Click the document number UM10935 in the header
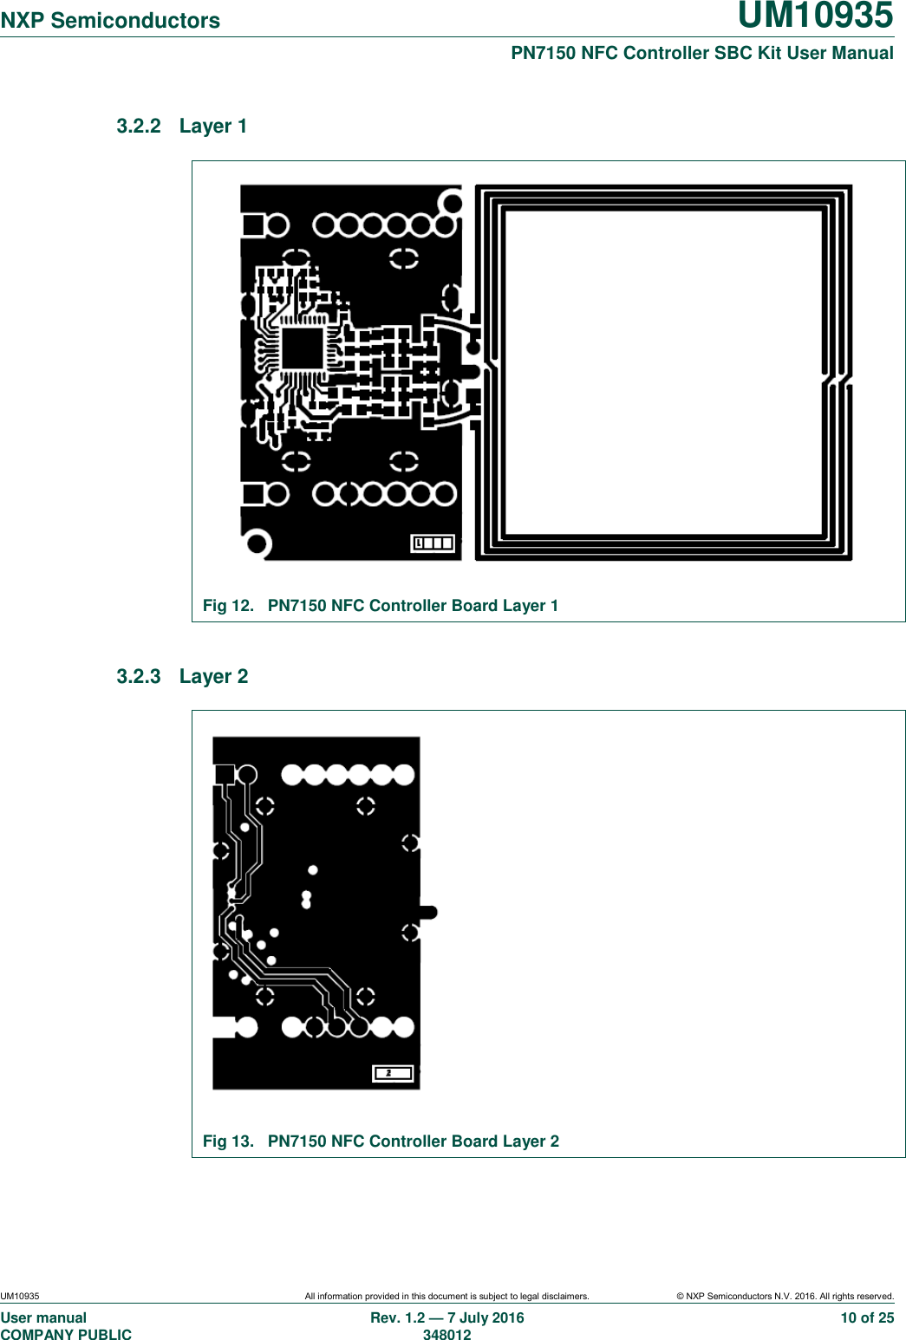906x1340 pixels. (815, 16)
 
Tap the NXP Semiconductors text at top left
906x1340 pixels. (110, 21)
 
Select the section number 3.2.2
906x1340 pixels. (139, 127)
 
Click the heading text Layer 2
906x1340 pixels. (213, 677)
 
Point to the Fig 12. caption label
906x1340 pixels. (228, 606)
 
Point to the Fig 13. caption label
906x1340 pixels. (228, 1142)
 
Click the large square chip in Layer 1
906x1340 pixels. (302, 349)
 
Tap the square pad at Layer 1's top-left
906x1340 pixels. (253, 226)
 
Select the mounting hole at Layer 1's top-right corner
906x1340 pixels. (452, 203)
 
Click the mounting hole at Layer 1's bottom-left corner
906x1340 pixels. (257, 543)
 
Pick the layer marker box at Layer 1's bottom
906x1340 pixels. (433, 543)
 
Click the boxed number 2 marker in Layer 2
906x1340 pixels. (392, 1073)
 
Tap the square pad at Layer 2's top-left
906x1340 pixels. (225, 774)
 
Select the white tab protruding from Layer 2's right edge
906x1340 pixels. (428, 912)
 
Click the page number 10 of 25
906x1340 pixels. (867, 1318)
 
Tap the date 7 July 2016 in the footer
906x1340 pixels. (486, 1318)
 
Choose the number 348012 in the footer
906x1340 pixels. (446, 1335)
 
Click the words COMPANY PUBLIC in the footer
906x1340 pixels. (66, 1335)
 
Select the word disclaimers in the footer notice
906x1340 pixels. (564, 1297)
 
